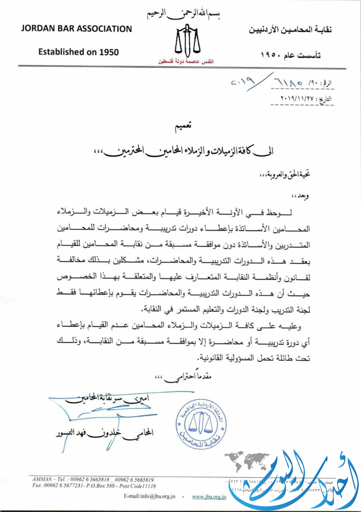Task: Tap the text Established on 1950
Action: click(x=78, y=52)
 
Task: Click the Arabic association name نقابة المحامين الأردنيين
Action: click(x=291, y=30)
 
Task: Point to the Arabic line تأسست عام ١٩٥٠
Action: click(x=291, y=55)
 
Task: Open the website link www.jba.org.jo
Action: click(x=209, y=496)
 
